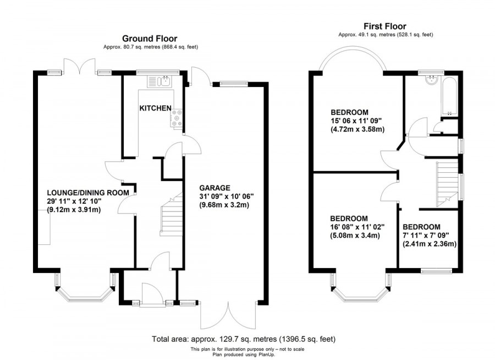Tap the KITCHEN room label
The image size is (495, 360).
[x=155, y=108]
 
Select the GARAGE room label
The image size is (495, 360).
[x=216, y=187]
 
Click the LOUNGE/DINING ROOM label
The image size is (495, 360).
[x=88, y=192]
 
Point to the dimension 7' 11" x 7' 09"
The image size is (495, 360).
[x=429, y=236]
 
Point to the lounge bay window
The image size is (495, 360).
[x=86, y=291]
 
